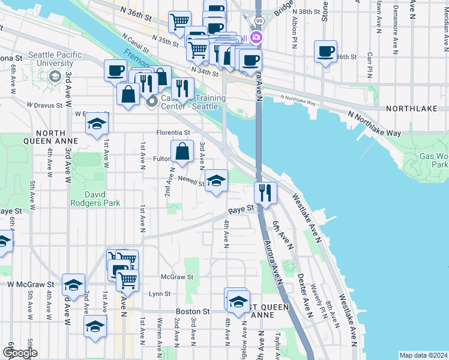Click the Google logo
[20, 353]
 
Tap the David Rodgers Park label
[95, 199]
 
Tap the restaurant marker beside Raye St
[265, 193]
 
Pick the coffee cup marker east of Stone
[325, 52]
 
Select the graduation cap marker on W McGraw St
[73, 285]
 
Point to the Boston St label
[193, 312]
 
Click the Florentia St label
[173, 132]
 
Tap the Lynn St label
[160, 294]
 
